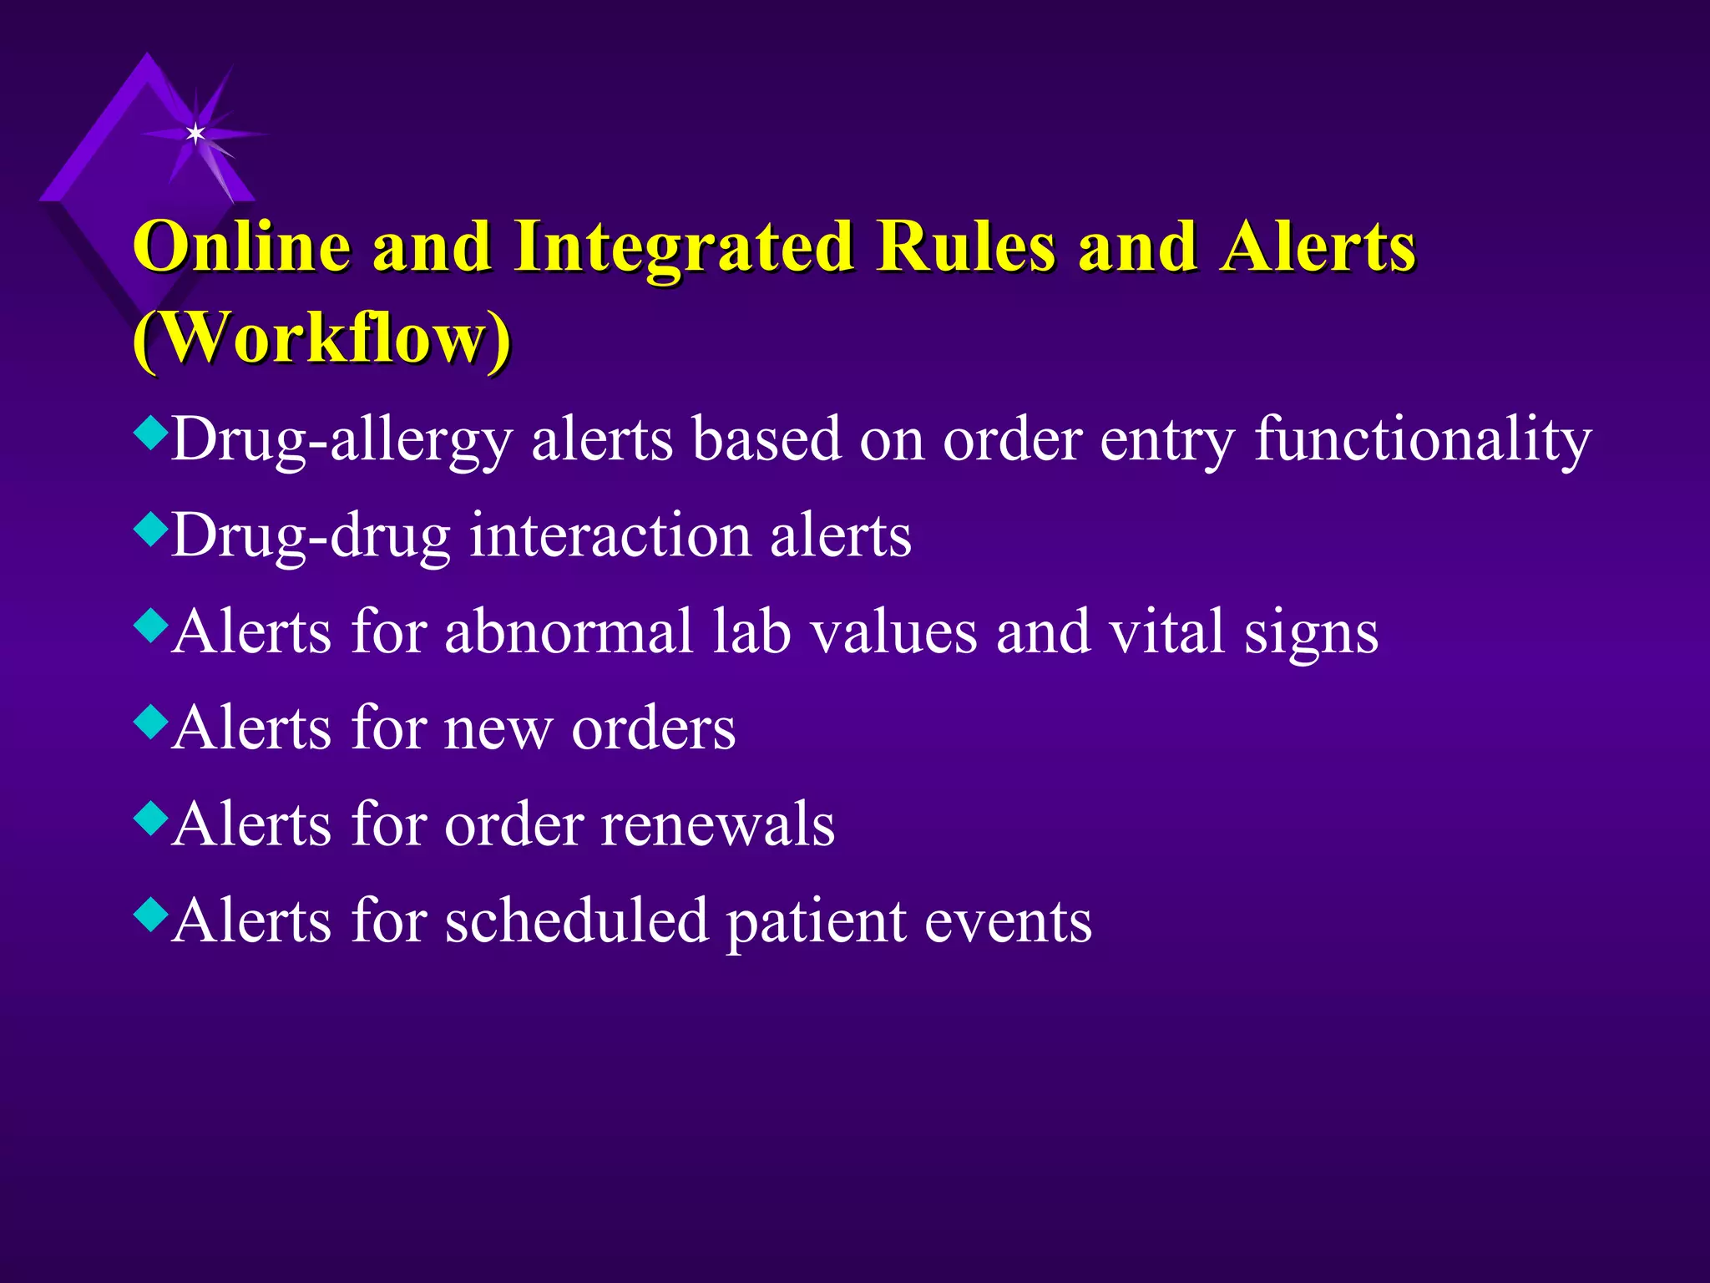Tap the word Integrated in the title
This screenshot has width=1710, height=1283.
(x=683, y=248)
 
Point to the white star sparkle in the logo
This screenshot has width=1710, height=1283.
(x=195, y=133)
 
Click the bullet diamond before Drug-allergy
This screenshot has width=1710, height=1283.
(x=150, y=433)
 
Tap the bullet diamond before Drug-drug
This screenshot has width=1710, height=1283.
(x=150, y=529)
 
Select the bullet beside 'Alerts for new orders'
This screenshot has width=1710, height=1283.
(x=150, y=722)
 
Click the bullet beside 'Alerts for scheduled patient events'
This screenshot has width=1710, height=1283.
(x=150, y=914)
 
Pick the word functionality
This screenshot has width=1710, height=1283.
(x=1423, y=440)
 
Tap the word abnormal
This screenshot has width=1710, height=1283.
(x=569, y=631)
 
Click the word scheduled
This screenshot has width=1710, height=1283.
(x=576, y=920)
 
